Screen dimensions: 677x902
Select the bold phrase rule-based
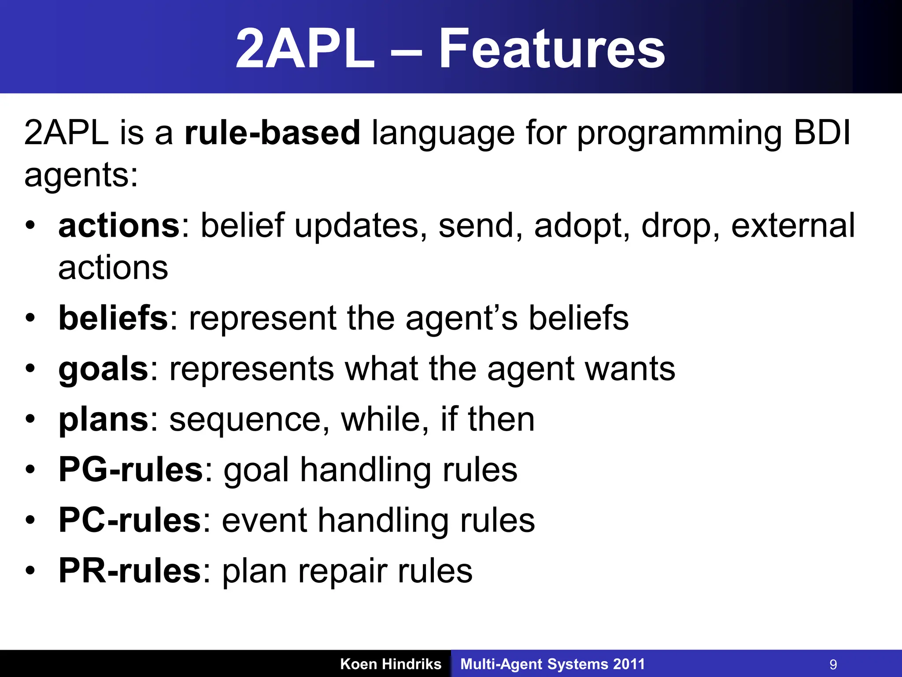click(272, 132)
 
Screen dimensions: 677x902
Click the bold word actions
click(119, 226)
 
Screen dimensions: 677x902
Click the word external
click(793, 226)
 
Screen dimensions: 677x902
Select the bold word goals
click(104, 369)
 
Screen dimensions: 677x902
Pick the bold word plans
click(104, 420)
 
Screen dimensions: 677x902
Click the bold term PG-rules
click(130, 470)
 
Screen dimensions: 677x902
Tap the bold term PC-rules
click(129, 520)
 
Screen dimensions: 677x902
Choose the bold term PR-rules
click(129, 571)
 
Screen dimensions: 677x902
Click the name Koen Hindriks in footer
click(391, 664)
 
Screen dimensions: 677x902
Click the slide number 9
click(833, 664)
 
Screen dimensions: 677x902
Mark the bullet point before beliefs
click(30, 317)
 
